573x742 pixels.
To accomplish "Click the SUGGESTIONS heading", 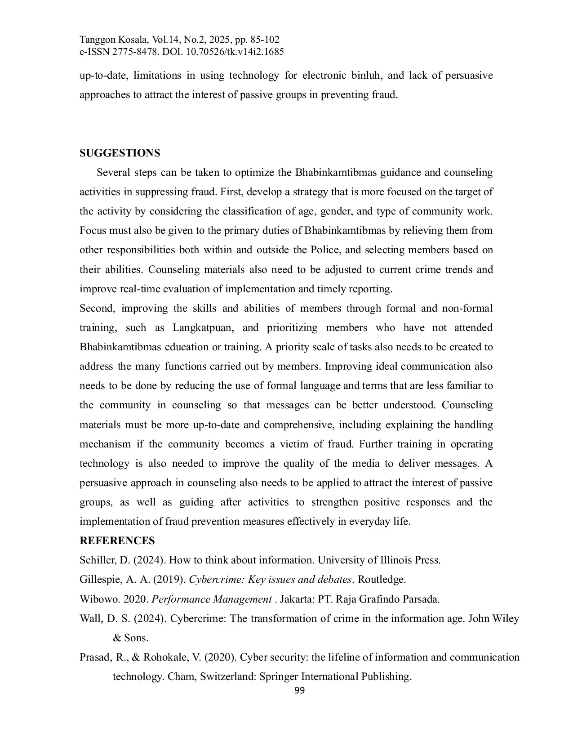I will pyautogui.click(x=120, y=153).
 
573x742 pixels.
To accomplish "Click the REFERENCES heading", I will pyautogui.click(x=117, y=541).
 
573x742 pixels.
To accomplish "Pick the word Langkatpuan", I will pyautogui.click(x=203, y=328).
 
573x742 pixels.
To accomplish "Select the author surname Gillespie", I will pyautogui.click(x=100, y=580).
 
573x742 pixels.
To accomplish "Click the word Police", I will pyautogui.click(x=325, y=250).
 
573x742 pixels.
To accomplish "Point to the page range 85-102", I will pyautogui.click(x=262, y=40).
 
